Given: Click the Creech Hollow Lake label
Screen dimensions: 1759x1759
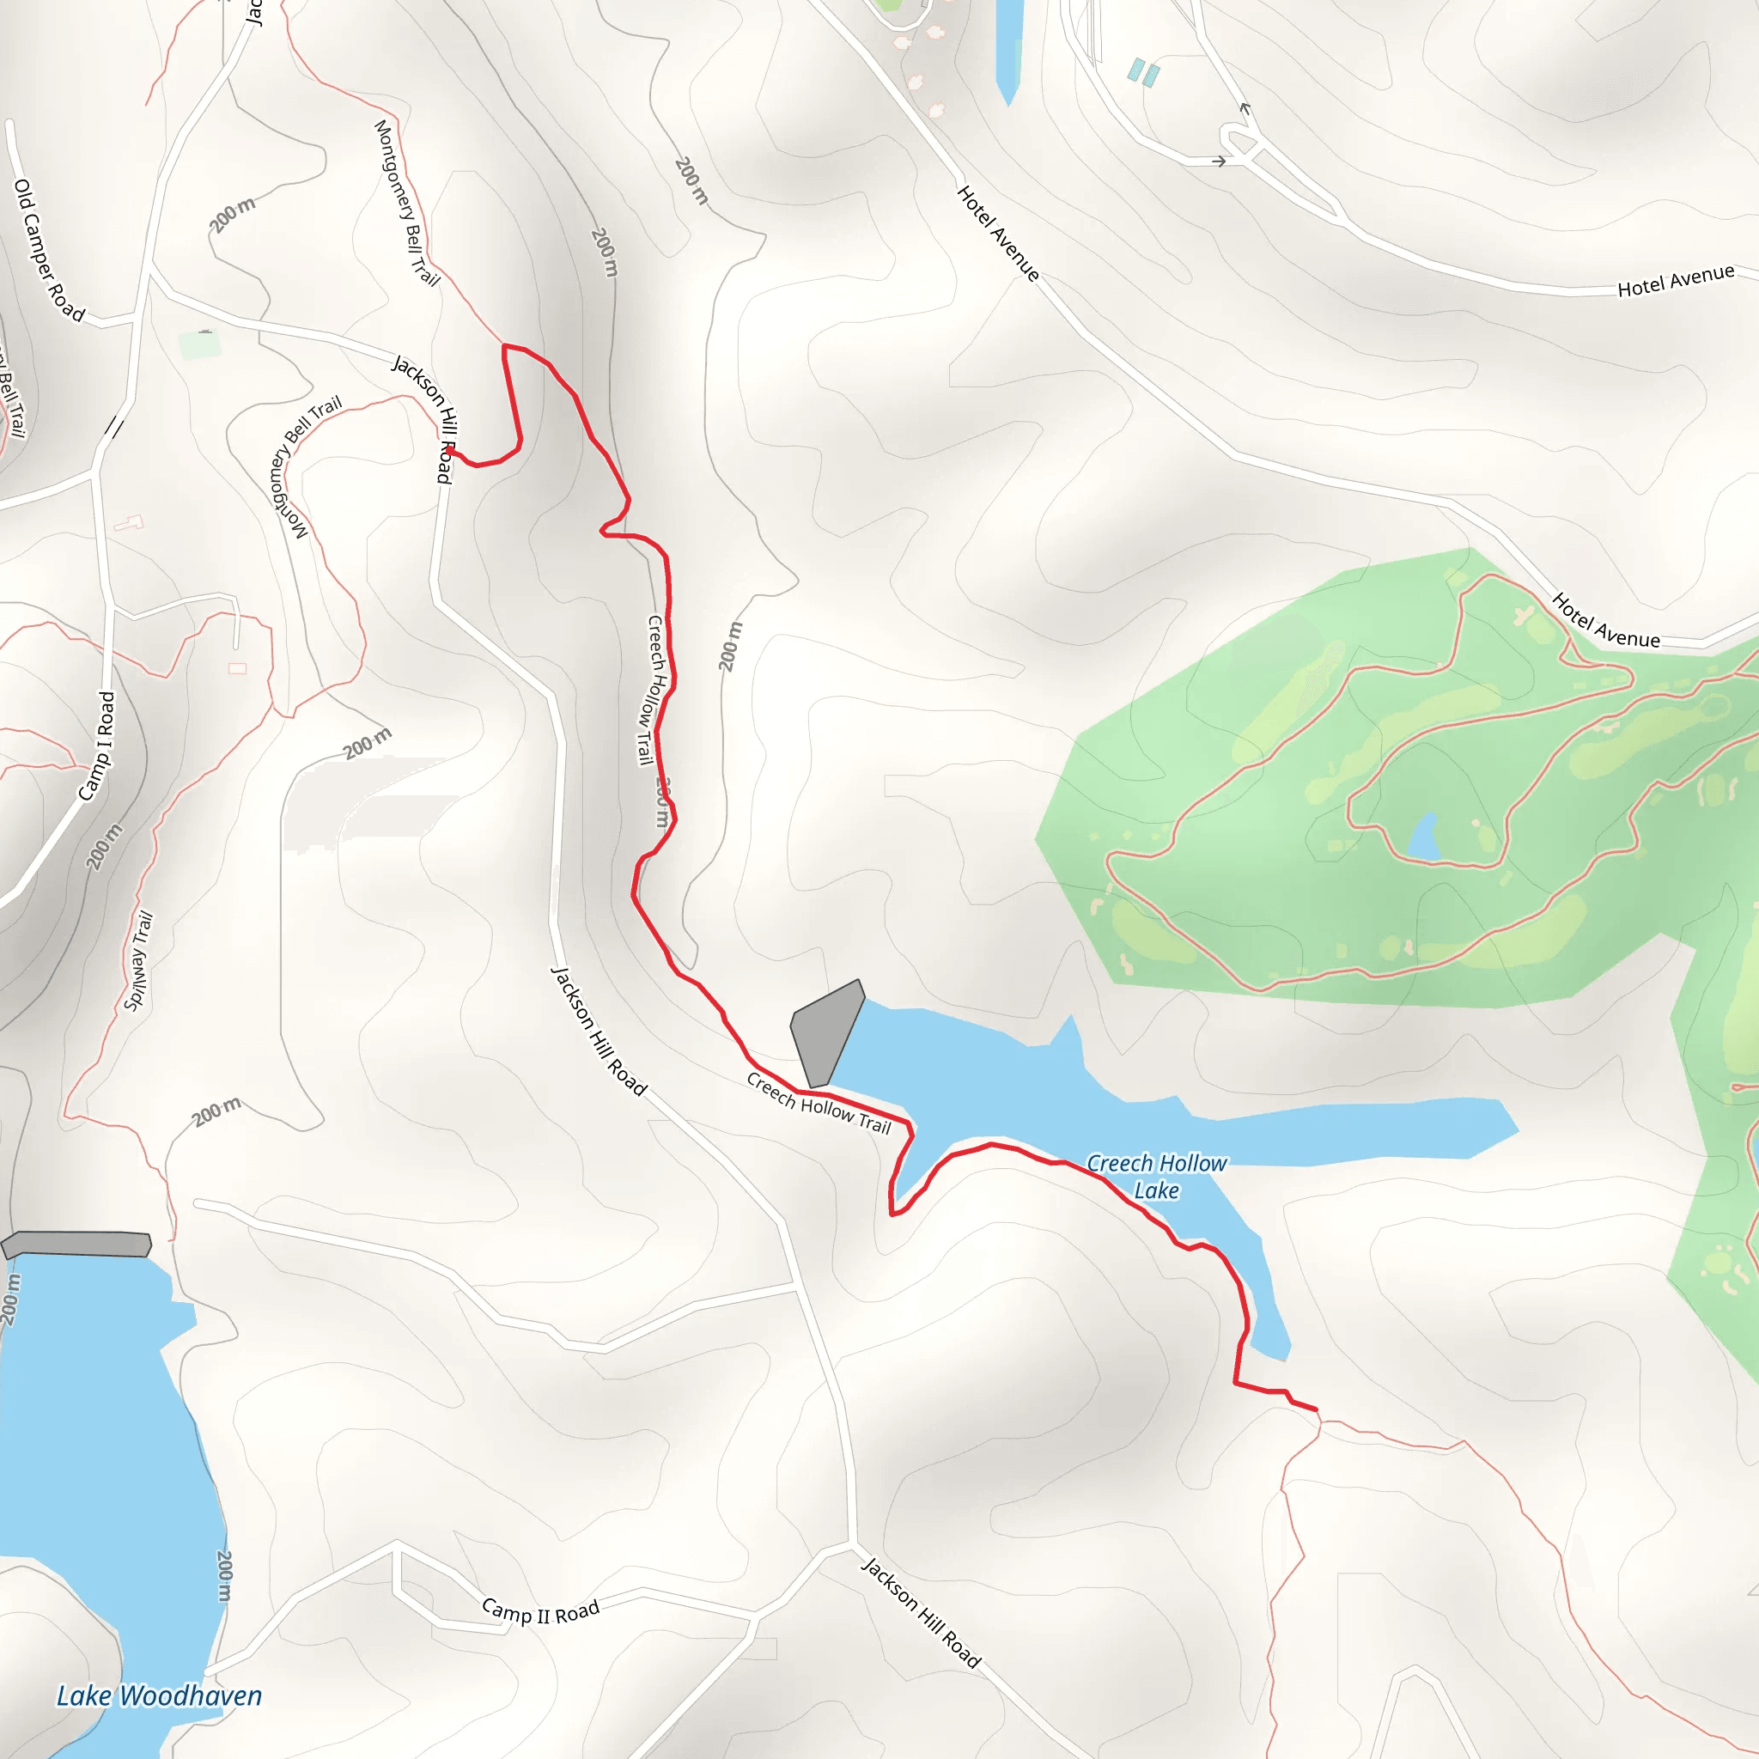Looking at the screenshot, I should pos(1156,1177).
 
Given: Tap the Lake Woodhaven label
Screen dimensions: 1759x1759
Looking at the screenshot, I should pos(160,1695).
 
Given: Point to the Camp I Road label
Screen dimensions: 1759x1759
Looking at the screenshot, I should pos(97,746).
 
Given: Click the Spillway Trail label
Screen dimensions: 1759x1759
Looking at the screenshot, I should pos(138,960).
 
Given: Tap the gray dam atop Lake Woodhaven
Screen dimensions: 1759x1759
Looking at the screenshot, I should pos(77,1245).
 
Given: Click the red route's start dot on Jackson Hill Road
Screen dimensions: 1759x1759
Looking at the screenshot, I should pos(450,451).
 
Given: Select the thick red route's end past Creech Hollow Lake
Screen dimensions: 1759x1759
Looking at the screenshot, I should pos(1316,1409).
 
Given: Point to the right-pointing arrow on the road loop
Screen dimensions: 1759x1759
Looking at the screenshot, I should pos(1218,161).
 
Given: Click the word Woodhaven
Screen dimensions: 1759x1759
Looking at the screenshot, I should pos(192,1695).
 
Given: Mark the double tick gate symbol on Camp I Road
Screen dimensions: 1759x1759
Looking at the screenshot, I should pos(114,427).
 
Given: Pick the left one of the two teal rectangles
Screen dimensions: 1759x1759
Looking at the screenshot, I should pos(1136,70).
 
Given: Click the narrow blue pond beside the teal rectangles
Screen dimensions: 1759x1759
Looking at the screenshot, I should pos(1009,50).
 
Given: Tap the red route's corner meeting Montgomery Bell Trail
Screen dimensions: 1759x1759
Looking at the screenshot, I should pos(504,346).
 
